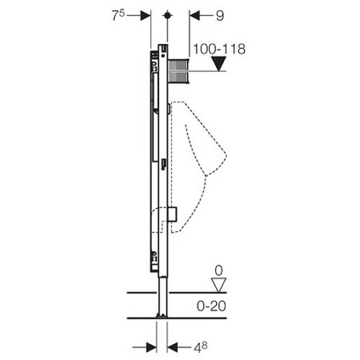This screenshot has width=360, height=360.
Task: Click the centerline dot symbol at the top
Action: tap(167, 14)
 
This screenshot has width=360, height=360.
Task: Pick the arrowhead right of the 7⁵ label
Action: tap(145, 14)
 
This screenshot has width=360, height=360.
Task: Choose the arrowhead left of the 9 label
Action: tap(193, 14)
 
